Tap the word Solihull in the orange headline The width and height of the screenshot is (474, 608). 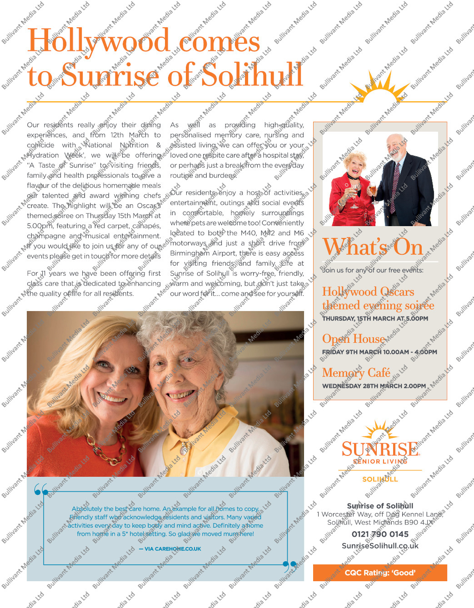pos(252,75)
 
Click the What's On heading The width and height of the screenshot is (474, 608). pos(373,247)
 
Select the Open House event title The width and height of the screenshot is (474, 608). pos(354,339)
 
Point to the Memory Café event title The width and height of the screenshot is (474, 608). pos(356,373)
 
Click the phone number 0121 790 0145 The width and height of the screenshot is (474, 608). pos(380,534)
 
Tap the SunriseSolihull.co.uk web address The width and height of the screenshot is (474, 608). pos(380,546)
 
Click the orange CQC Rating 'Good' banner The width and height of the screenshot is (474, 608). pos(380,573)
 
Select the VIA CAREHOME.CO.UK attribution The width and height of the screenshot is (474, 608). pos(170,549)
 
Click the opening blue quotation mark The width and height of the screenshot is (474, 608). pos(41,490)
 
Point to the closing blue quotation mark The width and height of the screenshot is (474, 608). pos(289,566)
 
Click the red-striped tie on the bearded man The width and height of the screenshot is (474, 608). pos(396,182)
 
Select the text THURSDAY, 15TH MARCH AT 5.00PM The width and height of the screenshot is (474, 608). pos(375,319)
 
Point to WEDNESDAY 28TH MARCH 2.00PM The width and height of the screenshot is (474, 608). pos(374,386)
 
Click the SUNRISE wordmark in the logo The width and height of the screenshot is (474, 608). pos(380,450)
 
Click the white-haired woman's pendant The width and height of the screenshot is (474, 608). pos(184,450)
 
